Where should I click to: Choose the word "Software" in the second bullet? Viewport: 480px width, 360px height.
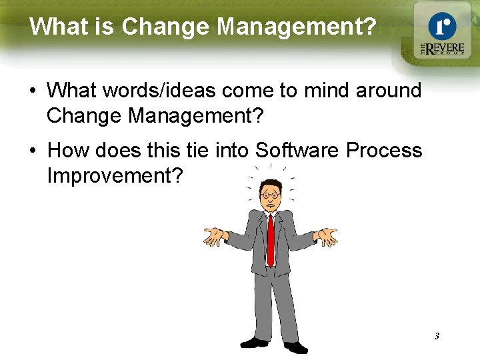(x=297, y=150)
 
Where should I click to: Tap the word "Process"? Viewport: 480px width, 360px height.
(x=385, y=150)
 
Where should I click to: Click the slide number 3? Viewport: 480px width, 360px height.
(x=437, y=336)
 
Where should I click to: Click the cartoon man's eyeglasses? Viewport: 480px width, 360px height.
(x=270, y=195)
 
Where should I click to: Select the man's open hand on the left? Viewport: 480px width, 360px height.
(x=215, y=236)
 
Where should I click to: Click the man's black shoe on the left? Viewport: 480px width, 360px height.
(x=253, y=342)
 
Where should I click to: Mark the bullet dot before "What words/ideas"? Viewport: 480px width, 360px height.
(x=33, y=90)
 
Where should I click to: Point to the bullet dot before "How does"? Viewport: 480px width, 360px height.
(x=33, y=151)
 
